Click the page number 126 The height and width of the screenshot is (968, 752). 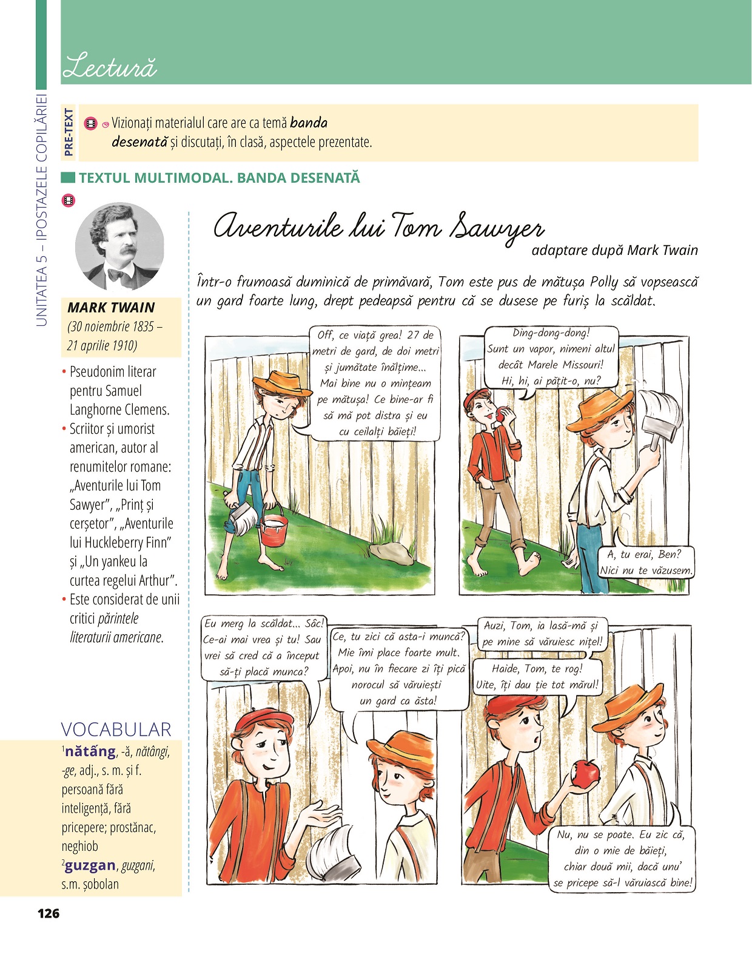(49, 913)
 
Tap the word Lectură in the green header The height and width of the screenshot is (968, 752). (109, 67)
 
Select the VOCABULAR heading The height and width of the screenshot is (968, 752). (116, 729)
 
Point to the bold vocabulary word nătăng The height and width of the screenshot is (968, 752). (90, 751)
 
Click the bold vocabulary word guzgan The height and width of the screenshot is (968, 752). (90, 865)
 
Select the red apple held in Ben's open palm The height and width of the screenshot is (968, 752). (586, 773)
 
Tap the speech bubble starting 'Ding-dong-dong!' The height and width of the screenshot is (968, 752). (551, 357)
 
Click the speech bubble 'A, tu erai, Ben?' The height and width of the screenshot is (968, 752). (646, 562)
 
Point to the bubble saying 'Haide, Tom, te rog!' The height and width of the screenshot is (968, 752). (537, 677)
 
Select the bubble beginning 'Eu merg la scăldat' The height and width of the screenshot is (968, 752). (263, 648)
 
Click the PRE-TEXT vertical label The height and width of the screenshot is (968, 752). (69, 132)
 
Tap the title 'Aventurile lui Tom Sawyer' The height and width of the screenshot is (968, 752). (378, 228)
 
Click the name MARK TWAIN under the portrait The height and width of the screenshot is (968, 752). (111, 308)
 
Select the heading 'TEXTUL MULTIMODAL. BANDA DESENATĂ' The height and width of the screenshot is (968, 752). (219, 178)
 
